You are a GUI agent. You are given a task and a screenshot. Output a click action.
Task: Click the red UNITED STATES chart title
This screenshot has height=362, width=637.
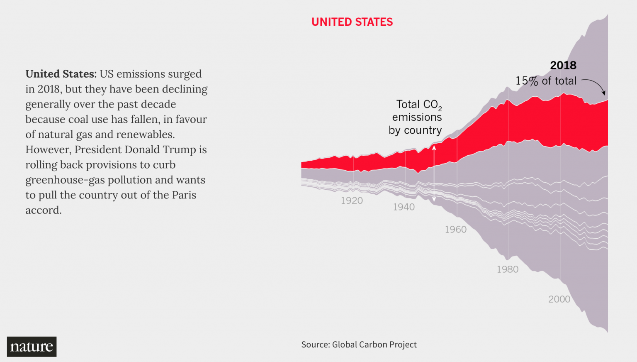coord(352,22)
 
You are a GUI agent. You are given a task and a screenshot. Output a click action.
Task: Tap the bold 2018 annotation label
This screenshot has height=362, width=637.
coord(563,66)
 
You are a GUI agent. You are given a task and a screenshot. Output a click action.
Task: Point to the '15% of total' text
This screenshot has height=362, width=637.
coord(546,81)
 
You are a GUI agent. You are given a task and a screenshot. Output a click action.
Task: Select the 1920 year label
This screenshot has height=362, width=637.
coord(352,201)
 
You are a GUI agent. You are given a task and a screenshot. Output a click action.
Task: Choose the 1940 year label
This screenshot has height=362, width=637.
coord(404,207)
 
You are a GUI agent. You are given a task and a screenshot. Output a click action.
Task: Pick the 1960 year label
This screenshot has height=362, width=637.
coord(455,230)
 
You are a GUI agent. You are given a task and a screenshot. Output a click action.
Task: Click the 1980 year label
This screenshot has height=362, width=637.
coord(507,269)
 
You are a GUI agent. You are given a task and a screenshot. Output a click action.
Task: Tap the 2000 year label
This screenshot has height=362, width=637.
coord(559,299)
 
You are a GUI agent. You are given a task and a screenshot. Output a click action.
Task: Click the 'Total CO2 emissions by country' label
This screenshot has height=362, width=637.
coord(416,117)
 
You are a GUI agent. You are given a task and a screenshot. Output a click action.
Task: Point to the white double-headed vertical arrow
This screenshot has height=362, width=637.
coord(434,174)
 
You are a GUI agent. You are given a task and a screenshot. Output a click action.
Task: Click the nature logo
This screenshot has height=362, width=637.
coord(32,347)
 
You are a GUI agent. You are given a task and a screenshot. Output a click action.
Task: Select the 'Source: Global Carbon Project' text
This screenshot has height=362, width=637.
coord(359,345)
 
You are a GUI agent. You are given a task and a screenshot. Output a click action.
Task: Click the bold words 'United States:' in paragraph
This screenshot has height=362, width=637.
coord(61,74)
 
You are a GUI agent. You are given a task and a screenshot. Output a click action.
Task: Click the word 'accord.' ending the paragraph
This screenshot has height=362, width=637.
coord(43,210)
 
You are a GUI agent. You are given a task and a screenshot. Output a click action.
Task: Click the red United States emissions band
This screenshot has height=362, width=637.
coord(539,120)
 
